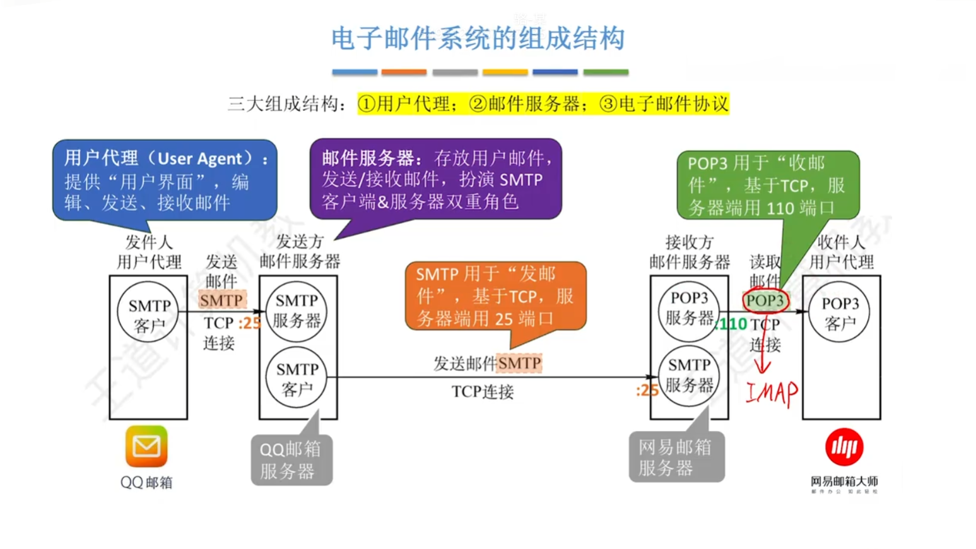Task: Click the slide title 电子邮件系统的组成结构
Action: tap(478, 39)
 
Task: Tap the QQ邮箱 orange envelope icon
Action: tap(146, 446)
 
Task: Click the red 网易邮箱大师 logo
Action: tap(844, 447)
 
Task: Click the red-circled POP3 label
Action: tap(765, 301)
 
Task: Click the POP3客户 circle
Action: tap(840, 312)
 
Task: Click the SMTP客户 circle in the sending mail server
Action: tap(297, 378)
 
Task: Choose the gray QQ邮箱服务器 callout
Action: tap(291, 460)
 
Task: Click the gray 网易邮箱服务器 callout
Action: tap(675, 458)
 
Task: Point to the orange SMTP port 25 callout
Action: tap(495, 297)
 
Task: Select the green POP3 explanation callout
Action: tap(767, 185)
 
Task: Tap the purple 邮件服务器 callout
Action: tap(435, 180)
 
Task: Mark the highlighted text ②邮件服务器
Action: tap(525, 103)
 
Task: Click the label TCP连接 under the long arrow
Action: tap(483, 392)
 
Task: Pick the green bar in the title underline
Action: tap(605, 73)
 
